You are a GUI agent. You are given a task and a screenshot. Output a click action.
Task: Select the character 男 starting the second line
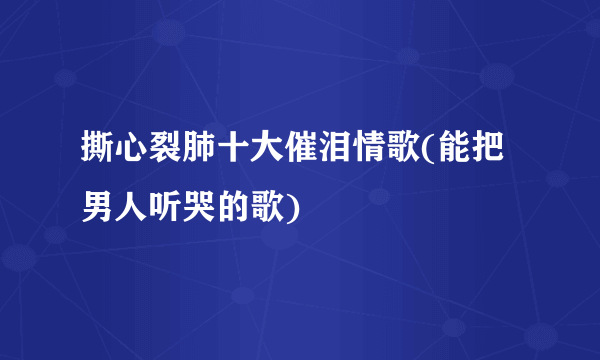click(98, 207)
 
